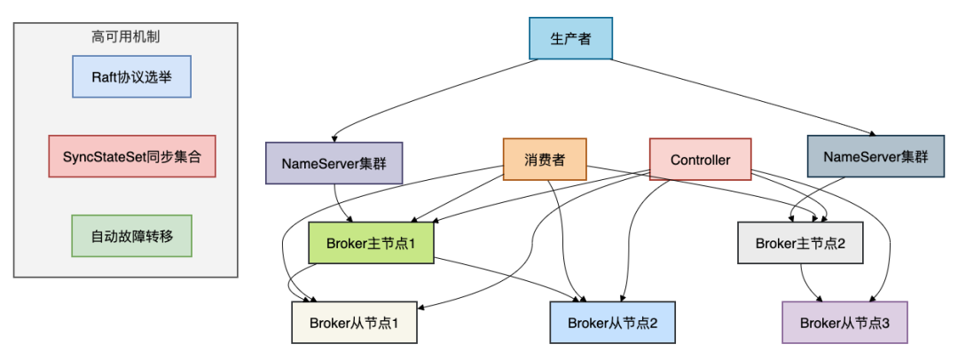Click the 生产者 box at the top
[x=569, y=39]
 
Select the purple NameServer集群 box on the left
[x=334, y=162]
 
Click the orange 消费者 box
[x=545, y=160]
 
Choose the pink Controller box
[x=700, y=160]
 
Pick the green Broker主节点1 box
[x=370, y=243]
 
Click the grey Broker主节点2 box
[x=800, y=242]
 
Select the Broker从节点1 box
[x=354, y=323]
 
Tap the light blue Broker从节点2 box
[x=612, y=323]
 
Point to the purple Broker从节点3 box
[x=844, y=323]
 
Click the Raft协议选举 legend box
[x=131, y=77]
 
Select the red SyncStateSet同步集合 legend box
[x=132, y=156]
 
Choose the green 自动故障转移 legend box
[x=131, y=237]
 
